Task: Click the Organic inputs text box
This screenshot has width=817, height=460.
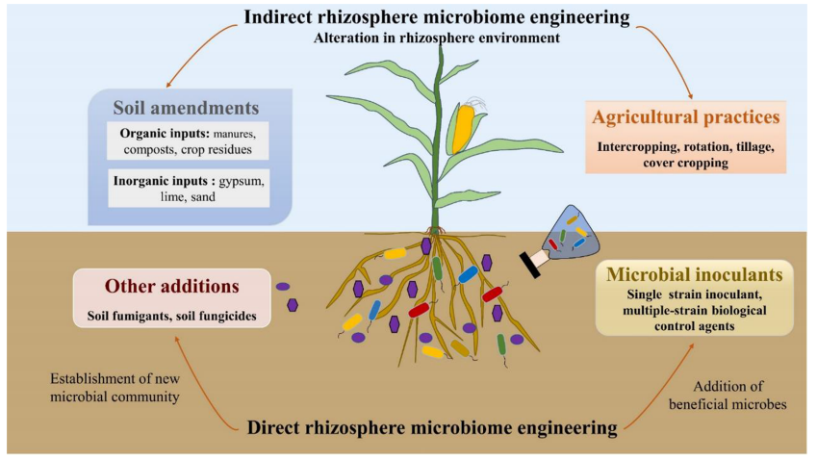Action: point(188,140)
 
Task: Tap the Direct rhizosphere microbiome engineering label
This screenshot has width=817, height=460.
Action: point(431,426)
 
